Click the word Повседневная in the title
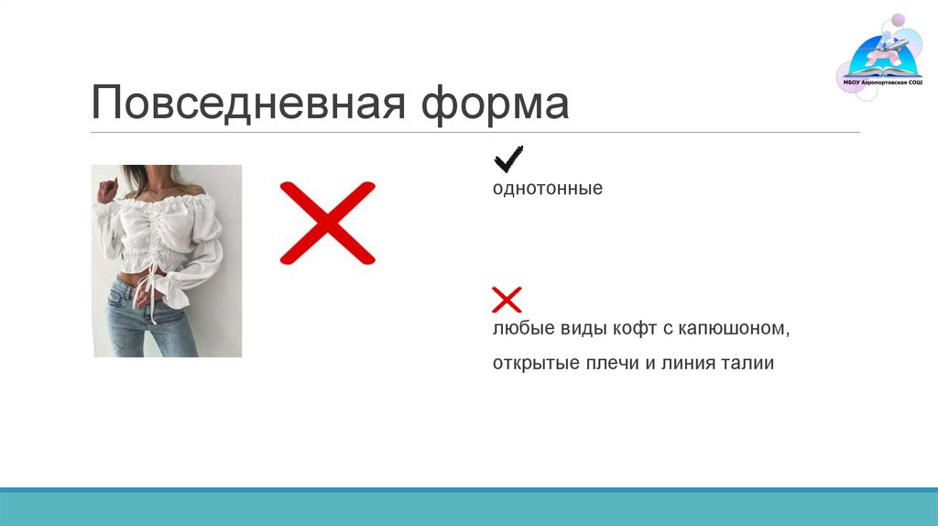pyautogui.click(x=248, y=104)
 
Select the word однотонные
pyautogui.click(x=547, y=189)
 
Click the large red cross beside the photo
pyautogui.click(x=327, y=224)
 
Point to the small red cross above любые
pyautogui.click(x=507, y=299)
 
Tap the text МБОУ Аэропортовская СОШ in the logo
pyautogui.click(x=882, y=82)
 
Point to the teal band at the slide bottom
pyautogui.click(x=469, y=508)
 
